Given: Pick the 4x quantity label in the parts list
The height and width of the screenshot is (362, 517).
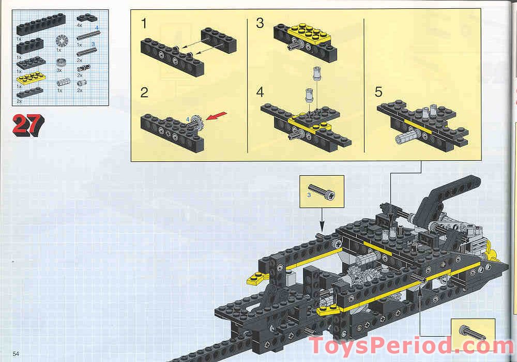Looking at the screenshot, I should pyautogui.click(x=79, y=25).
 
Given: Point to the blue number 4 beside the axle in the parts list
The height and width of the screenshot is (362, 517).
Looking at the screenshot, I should pyautogui.click(x=96, y=27).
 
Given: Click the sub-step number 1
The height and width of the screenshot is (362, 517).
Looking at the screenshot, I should pyautogui.click(x=144, y=24).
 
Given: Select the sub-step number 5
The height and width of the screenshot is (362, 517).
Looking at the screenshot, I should pyautogui.click(x=378, y=93).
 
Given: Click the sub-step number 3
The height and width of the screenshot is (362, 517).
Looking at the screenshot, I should pyautogui.click(x=260, y=24).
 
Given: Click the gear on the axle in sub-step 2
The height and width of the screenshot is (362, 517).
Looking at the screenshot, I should pyautogui.click(x=197, y=123).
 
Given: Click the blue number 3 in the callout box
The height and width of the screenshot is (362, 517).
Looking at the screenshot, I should pyautogui.click(x=309, y=195).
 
